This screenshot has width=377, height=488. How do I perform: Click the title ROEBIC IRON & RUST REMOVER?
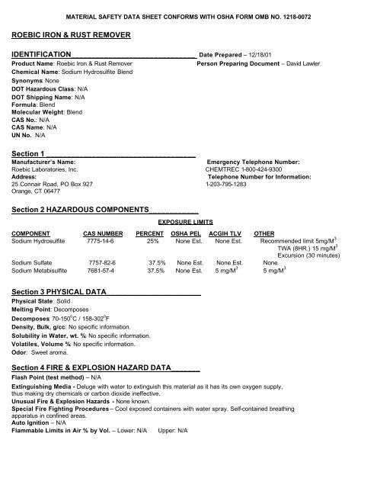[72, 35]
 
